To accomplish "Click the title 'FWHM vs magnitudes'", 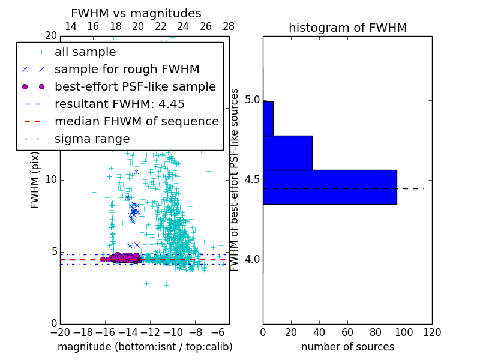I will [136, 13].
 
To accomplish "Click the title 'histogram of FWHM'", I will [347, 28].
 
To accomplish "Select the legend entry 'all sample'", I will [85, 52].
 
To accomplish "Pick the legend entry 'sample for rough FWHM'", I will [127, 70].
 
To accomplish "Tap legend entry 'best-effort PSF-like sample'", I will [135, 87].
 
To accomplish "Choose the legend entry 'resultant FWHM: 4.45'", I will [119, 104].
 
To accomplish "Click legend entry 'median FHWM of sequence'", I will [136, 122].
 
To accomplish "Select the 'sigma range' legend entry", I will [92, 139].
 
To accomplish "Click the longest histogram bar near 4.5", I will [329, 187].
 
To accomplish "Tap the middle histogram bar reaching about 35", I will [287, 152].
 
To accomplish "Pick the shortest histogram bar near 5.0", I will [268, 118].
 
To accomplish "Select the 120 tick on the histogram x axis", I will [431, 332].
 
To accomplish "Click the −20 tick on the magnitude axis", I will [60, 332].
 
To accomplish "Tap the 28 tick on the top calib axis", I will [229, 26].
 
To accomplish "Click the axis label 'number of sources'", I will [347, 347].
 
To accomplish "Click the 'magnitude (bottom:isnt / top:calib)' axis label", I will [145, 347].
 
